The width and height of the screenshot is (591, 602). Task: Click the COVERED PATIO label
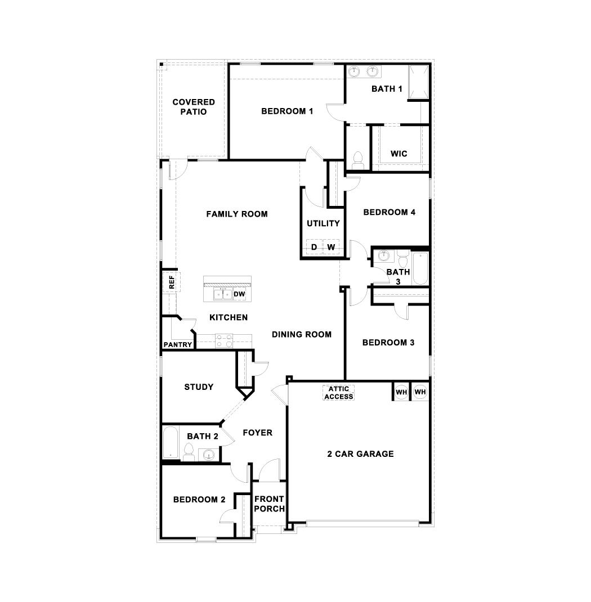pyautogui.click(x=194, y=107)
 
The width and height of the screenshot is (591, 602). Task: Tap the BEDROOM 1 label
pyautogui.click(x=287, y=111)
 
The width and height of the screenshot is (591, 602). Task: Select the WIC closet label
pyautogui.click(x=399, y=154)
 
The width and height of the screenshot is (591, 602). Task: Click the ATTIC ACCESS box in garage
pyautogui.click(x=339, y=393)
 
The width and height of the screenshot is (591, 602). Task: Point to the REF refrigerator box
pyautogui.click(x=171, y=282)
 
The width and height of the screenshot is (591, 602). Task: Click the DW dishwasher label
pyautogui.click(x=239, y=294)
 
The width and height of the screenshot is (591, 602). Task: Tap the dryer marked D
pyautogui.click(x=314, y=247)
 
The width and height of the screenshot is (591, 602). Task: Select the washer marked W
pyautogui.click(x=331, y=247)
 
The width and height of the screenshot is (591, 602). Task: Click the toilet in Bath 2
pyautogui.click(x=189, y=452)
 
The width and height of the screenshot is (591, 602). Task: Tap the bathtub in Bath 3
pyautogui.click(x=420, y=268)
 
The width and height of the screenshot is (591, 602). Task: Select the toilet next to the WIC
pyautogui.click(x=357, y=159)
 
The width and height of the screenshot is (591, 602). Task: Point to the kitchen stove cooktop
pyautogui.click(x=224, y=339)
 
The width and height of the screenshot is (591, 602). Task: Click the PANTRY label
pyautogui.click(x=178, y=345)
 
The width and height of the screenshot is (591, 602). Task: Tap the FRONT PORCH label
pyautogui.click(x=269, y=504)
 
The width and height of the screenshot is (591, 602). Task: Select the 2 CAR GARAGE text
pyautogui.click(x=360, y=454)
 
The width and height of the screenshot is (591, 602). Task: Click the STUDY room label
pyautogui.click(x=199, y=387)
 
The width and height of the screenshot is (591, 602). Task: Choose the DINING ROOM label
pyautogui.click(x=302, y=334)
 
